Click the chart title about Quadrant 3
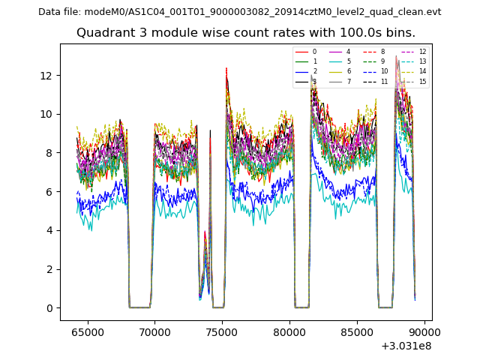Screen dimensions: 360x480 coord(246,33)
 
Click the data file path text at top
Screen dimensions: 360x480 coord(239,11)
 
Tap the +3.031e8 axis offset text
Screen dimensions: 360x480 coord(406,346)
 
